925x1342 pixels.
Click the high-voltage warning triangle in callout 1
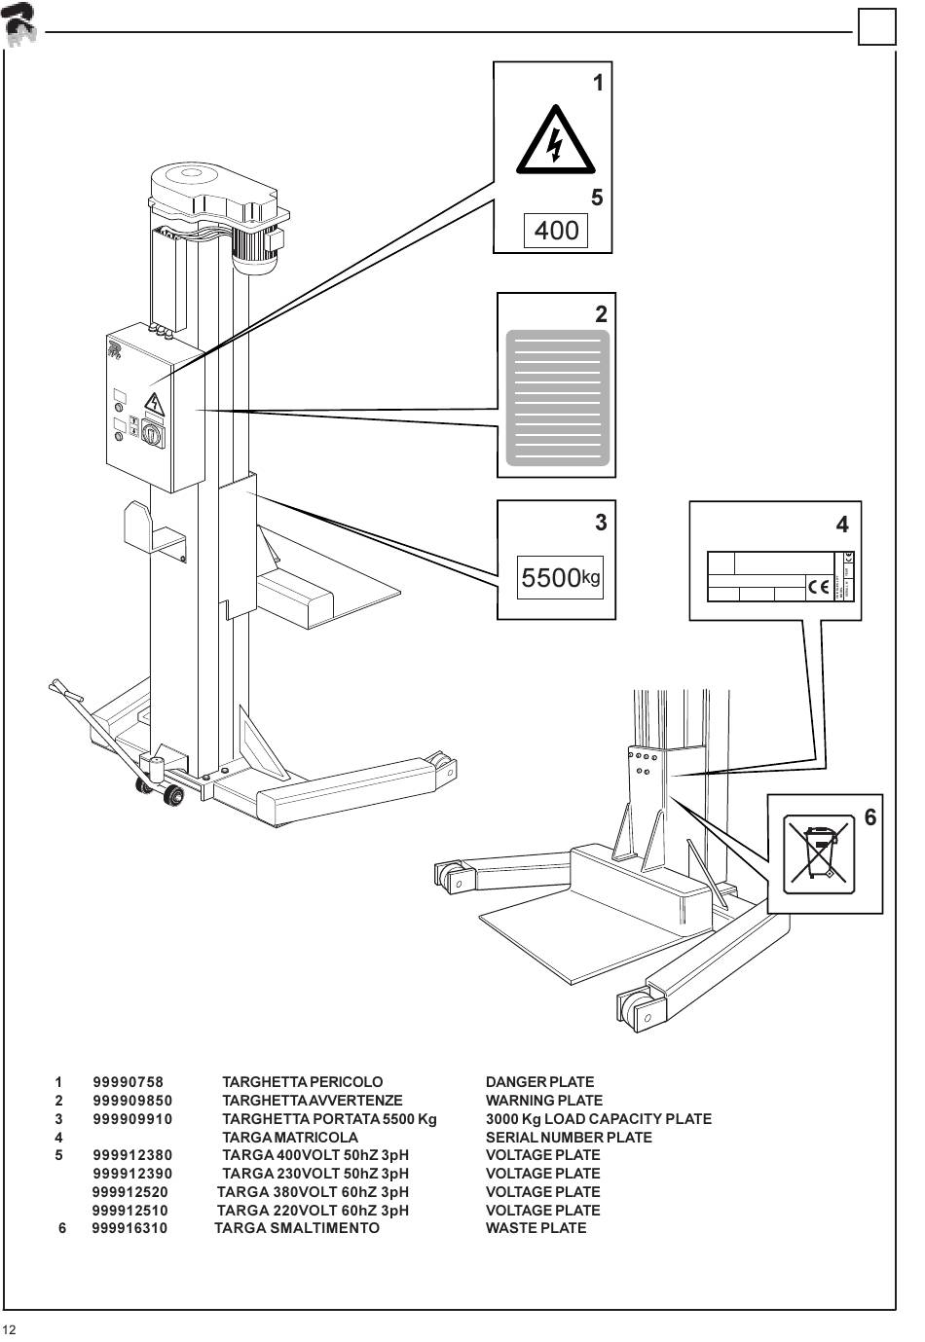click(555, 142)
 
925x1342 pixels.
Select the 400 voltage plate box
click(556, 231)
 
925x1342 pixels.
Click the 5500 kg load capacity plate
click(560, 577)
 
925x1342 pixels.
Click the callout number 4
click(842, 525)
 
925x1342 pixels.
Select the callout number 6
click(870, 817)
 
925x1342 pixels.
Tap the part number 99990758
click(129, 1082)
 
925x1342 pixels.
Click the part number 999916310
click(129, 1228)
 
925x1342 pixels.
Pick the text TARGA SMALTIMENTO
click(297, 1228)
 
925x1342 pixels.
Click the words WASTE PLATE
click(536, 1228)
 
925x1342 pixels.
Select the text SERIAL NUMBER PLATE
click(569, 1137)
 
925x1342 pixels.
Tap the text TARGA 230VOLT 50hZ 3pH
click(315, 1174)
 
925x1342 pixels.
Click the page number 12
click(10, 1330)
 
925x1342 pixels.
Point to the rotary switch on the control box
click(152, 433)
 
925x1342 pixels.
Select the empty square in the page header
click(876, 26)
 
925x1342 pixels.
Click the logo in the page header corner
click(19, 23)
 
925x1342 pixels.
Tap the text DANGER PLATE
click(539, 1082)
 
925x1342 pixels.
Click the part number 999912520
click(129, 1192)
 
